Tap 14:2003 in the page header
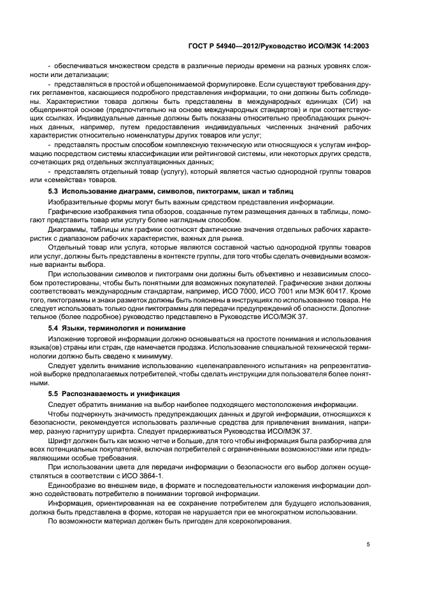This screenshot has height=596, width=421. tap(352, 46)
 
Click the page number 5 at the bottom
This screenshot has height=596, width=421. tap(369, 544)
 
